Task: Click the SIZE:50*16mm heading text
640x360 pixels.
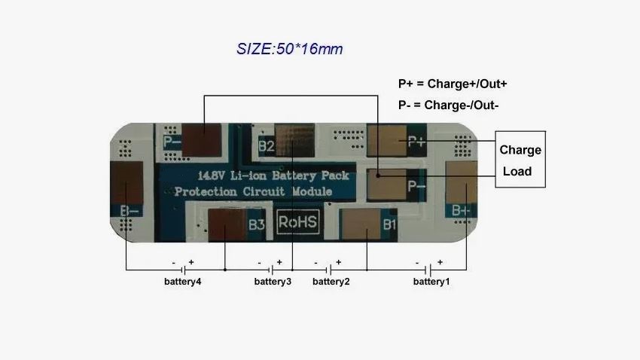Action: (289, 50)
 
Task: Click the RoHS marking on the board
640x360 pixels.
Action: (298, 223)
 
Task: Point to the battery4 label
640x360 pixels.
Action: (182, 282)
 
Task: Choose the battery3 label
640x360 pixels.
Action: (273, 282)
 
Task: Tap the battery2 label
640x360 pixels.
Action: (331, 282)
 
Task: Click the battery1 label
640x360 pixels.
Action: (431, 282)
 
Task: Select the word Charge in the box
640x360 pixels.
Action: (520, 150)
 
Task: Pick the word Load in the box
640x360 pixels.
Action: (517, 171)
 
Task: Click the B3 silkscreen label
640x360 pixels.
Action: (257, 224)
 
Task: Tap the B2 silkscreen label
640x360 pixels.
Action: (266, 146)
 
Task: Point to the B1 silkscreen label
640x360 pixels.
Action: (389, 224)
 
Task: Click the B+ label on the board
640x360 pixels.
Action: (461, 211)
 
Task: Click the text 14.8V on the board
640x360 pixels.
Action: (211, 175)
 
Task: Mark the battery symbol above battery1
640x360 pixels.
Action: (429, 270)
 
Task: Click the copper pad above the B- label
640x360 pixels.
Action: (126, 182)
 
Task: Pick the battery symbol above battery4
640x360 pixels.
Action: (182, 270)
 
